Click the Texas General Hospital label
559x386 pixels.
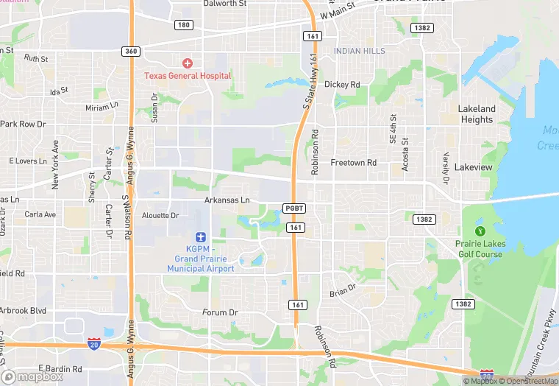point(188,76)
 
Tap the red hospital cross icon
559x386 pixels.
point(188,64)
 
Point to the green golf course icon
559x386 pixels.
point(481,231)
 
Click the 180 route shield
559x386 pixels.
point(184,25)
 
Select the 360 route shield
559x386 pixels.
point(131,50)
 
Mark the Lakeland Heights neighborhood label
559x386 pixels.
point(477,114)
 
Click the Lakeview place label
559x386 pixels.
point(473,168)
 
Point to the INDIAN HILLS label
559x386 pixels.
point(359,51)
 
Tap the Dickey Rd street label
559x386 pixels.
point(342,85)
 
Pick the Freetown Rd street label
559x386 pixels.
point(353,162)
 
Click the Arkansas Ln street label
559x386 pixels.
point(227,200)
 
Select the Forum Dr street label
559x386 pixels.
point(220,312)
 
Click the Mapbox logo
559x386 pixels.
point(33,376)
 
